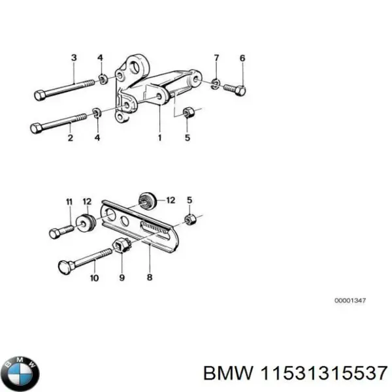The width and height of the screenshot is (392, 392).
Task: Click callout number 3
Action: pos(73,58)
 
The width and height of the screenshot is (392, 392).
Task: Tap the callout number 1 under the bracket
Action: pos(159,139)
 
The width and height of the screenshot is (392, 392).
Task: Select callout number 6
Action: pos(242,58)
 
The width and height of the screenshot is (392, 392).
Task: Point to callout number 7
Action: pos(217,58)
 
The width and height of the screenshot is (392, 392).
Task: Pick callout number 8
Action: pos(150,277)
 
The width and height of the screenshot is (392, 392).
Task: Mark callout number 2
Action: pos(70,138)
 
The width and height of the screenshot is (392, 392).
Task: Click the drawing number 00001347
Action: pos(350,300)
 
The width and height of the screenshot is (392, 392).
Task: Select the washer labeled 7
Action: pos(216,82)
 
